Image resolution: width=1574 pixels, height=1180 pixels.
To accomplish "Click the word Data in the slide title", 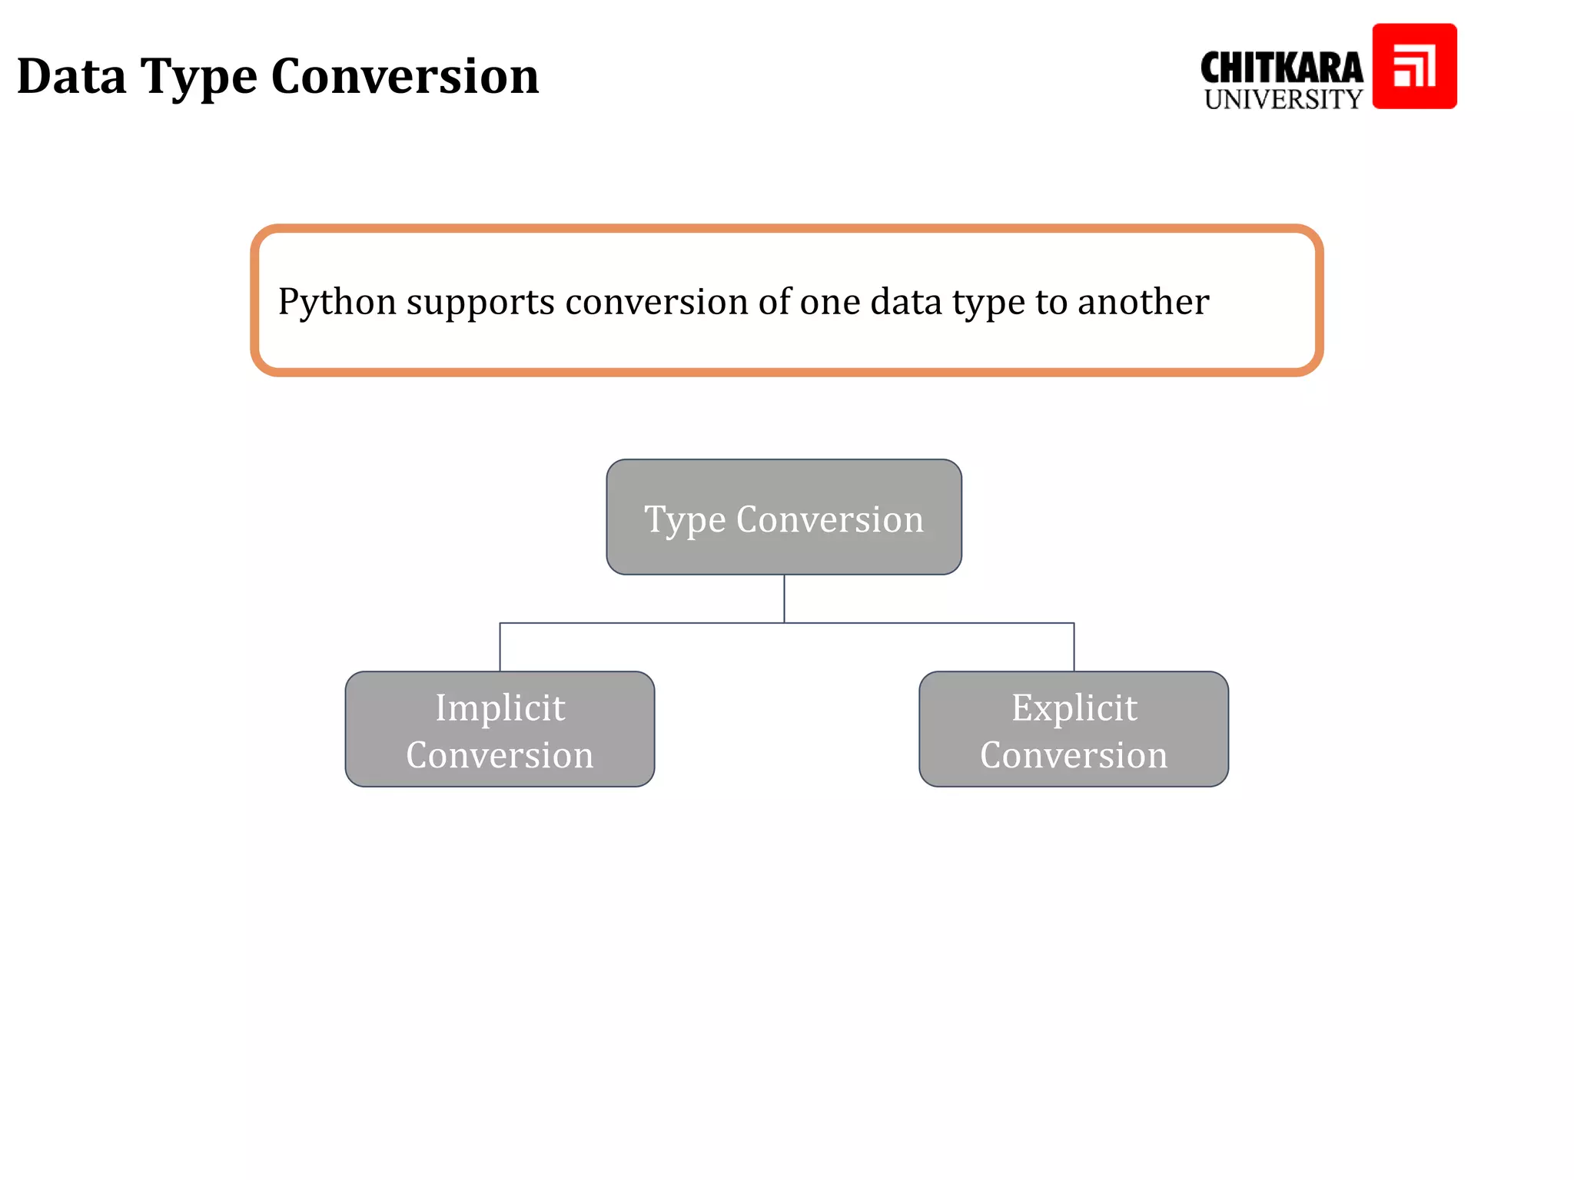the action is point(71,77).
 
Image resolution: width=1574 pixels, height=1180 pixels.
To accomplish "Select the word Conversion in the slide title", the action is point(405,77).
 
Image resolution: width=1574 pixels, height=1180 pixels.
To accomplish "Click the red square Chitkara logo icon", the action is point(1414,66).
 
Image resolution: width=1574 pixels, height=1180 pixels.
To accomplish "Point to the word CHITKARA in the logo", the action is point(1281,68).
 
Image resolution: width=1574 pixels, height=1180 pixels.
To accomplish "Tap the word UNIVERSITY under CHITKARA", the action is point(1283,100).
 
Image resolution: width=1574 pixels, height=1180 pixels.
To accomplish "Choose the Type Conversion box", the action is point(784,517).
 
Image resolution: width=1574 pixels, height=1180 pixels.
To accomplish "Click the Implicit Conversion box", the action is point(500,729).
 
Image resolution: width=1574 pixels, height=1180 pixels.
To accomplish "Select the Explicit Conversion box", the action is point(1073,729).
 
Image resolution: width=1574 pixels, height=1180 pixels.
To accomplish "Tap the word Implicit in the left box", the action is point(500,708).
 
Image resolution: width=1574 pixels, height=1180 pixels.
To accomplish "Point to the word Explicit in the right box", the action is point(1074,708).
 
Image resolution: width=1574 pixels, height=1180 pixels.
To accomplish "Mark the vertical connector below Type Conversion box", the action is point(784,598).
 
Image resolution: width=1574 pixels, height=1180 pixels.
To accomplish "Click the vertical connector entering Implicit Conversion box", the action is point(500,647).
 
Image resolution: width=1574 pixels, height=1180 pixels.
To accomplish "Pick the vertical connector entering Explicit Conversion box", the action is point(1074,647).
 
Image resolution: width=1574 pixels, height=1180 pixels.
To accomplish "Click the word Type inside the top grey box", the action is point(685,521).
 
